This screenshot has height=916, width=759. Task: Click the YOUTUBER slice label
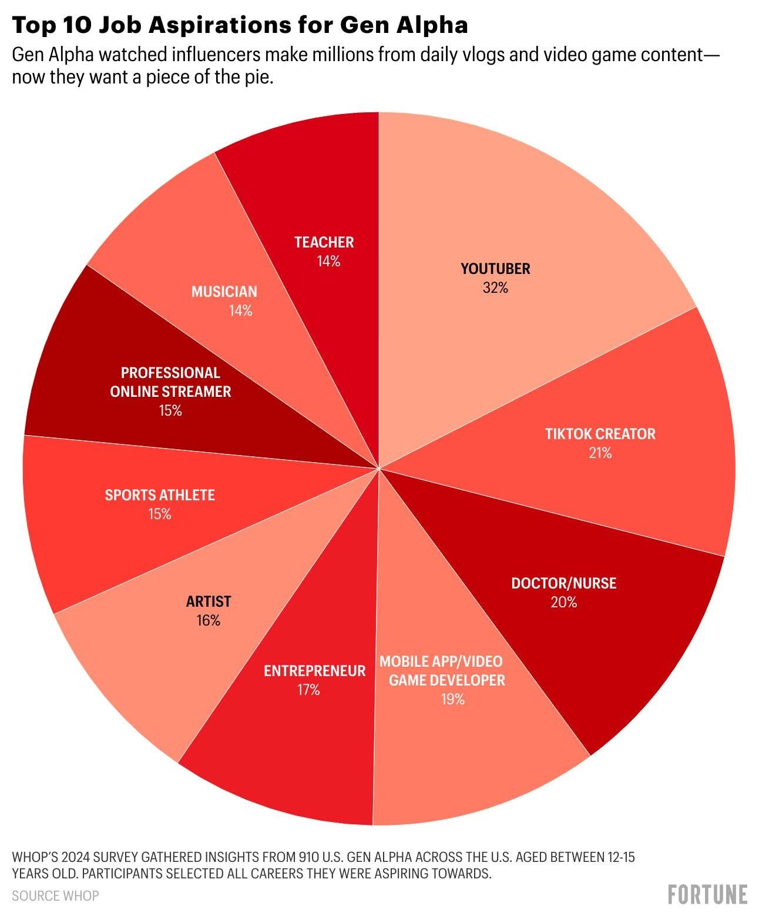[x=495, y=269]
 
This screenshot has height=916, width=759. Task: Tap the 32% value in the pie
[x=495, y=288]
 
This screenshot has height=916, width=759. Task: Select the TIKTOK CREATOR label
[x=600, y=434]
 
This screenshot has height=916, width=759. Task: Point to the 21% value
[x=600, y=453]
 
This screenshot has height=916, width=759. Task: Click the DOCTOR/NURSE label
[x=563, y=583]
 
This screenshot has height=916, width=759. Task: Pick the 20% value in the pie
[x=563, y=603]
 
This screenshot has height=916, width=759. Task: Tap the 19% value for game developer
[x=453, y=700]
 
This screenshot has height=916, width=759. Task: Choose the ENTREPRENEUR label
[x=314, y=671]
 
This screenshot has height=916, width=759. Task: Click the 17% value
[x=308, y=690]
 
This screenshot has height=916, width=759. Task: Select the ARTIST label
[x=209, y=601]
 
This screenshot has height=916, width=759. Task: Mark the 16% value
[x=209, y=621]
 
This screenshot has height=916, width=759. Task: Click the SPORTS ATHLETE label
[x=160, y=495]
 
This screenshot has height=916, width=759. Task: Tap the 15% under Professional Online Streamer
[x=170, y=411]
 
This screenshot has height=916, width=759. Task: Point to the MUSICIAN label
[x=224, y=292]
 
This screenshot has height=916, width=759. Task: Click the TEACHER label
[x=324, y=242]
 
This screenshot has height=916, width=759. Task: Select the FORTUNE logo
[x=707, y=894]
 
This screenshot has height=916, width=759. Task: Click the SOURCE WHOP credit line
[x=55, y=895]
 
